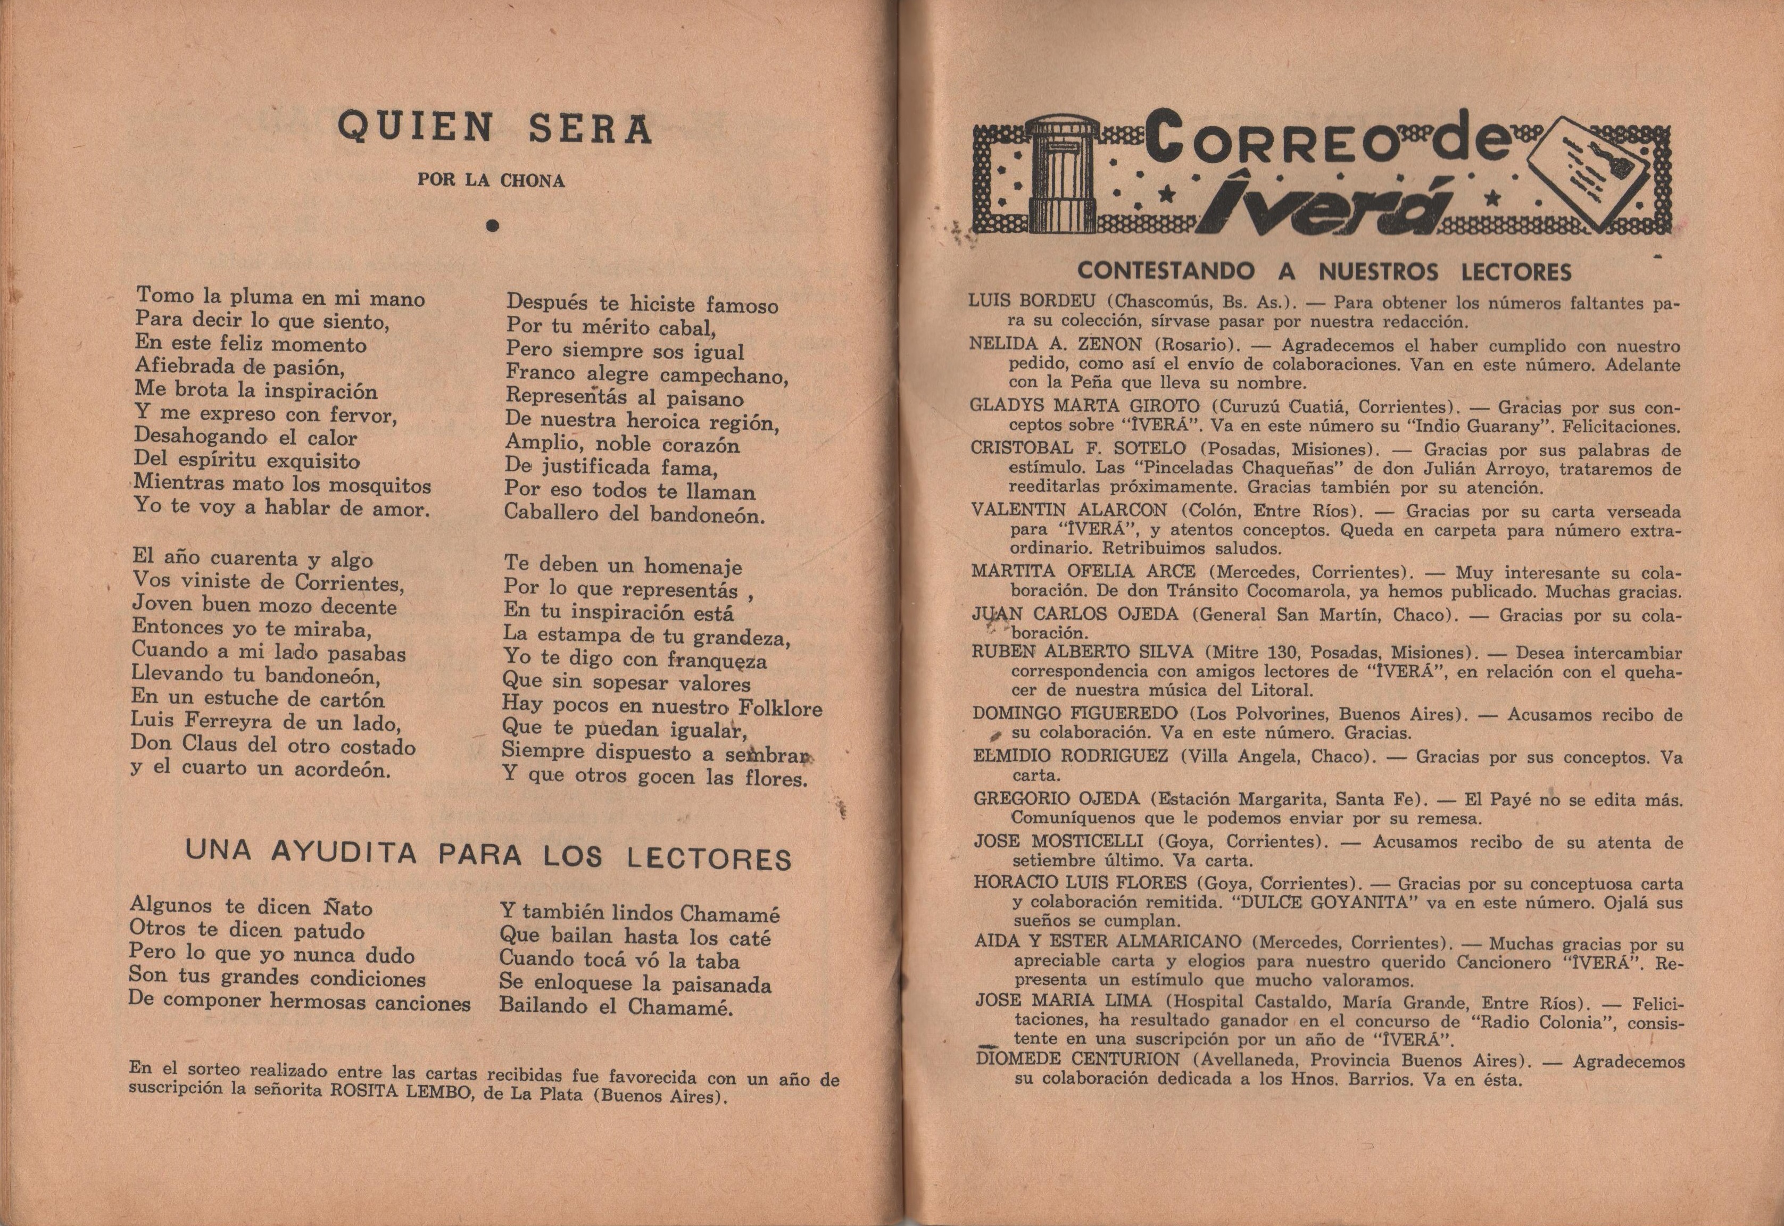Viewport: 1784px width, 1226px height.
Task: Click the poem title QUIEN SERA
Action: point(495,128)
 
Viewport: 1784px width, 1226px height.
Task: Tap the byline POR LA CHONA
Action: point(491,180)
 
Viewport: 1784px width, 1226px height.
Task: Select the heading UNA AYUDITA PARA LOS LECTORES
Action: point(488,855)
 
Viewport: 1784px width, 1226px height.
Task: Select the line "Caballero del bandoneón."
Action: point(635,513)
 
